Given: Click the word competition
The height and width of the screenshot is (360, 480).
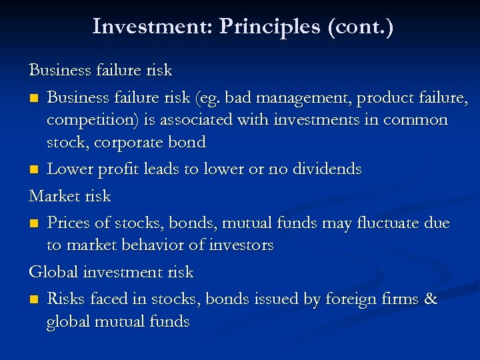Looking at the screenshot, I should (88, 121).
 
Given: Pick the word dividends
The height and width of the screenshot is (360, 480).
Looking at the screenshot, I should (323, 169).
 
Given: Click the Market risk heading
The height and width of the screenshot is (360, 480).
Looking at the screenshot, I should (69, 196).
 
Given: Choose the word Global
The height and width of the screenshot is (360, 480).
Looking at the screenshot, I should (52, 272).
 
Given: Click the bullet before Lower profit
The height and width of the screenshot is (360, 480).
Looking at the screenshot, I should (33, 170).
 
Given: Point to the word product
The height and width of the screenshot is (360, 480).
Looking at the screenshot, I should (383, 99).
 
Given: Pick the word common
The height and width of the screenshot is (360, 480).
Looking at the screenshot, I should (414, 120).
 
